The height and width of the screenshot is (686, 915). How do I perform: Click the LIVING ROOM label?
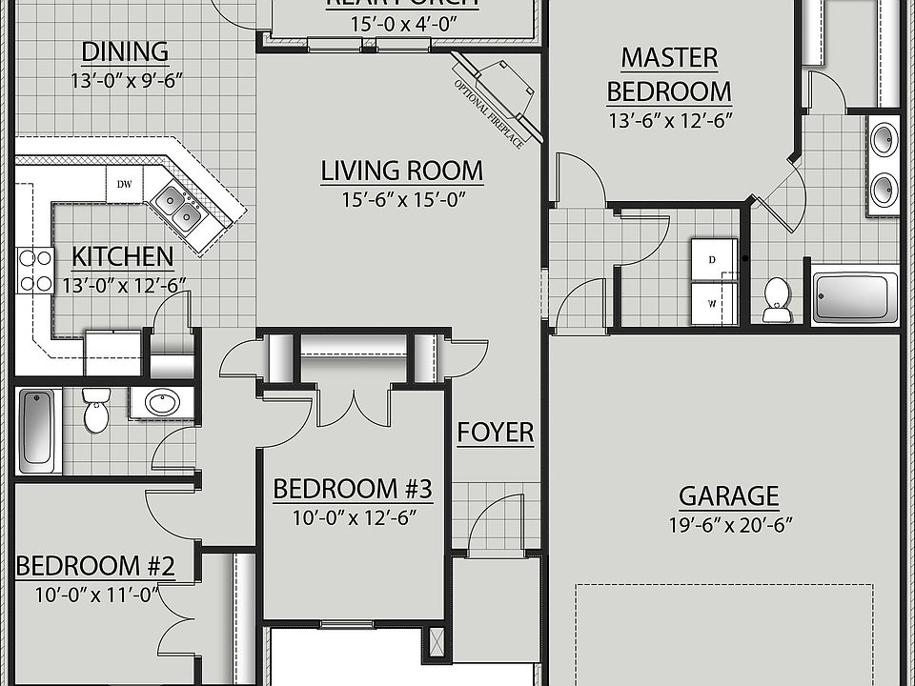[x=401, y=171]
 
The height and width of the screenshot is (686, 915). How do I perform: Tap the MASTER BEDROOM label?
[x=669, y=74]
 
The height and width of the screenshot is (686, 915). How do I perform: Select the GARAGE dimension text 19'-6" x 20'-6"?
[x=729, y=523]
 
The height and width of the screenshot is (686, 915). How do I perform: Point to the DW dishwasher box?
[x=124, y=185]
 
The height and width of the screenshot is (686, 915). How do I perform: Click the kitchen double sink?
[x=179, y=207]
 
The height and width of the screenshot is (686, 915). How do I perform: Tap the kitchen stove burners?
[x=34, y=270]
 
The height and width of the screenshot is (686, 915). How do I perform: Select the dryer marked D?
[x=713, y=259]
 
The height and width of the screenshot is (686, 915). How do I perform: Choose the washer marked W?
[x=713, y=304]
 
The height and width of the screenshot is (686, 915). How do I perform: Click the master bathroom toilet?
[x=778, y=299]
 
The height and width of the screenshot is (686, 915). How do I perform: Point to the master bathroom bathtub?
[x=855, y=297]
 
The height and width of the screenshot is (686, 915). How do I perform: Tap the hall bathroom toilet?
[x=96, y=410]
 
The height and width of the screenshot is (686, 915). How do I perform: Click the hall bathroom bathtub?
[x=39, y=430]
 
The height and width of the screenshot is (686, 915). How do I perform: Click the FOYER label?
[x=495, y=433]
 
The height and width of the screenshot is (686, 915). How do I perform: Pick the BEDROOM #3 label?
[x=353, y=490]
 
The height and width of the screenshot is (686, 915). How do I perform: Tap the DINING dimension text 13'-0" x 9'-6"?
[x=126, y=80]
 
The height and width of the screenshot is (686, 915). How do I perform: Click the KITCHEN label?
[x=123, y=256]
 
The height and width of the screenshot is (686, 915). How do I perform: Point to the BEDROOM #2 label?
[x=95, y=566]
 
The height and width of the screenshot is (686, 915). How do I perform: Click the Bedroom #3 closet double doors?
[x=353, y=404]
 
